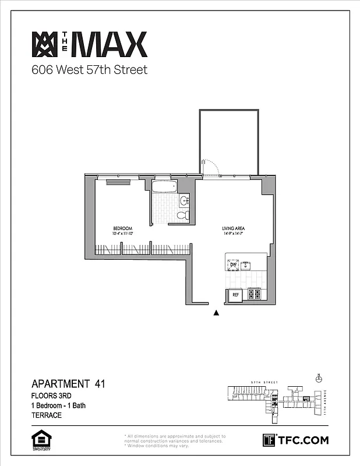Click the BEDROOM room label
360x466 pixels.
122,228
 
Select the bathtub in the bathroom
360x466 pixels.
165,188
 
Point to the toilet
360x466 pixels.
182,216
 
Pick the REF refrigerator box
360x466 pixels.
236,295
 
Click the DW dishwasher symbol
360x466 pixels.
232,265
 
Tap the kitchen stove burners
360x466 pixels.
255,294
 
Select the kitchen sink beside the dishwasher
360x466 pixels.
246,265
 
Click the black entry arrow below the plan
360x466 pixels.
217,313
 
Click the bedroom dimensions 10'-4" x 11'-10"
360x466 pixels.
122,234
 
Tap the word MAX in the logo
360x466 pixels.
108,45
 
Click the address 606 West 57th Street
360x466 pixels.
89,70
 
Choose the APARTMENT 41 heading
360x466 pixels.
68,384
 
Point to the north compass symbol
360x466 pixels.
319,379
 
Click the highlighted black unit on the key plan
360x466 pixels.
306,398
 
